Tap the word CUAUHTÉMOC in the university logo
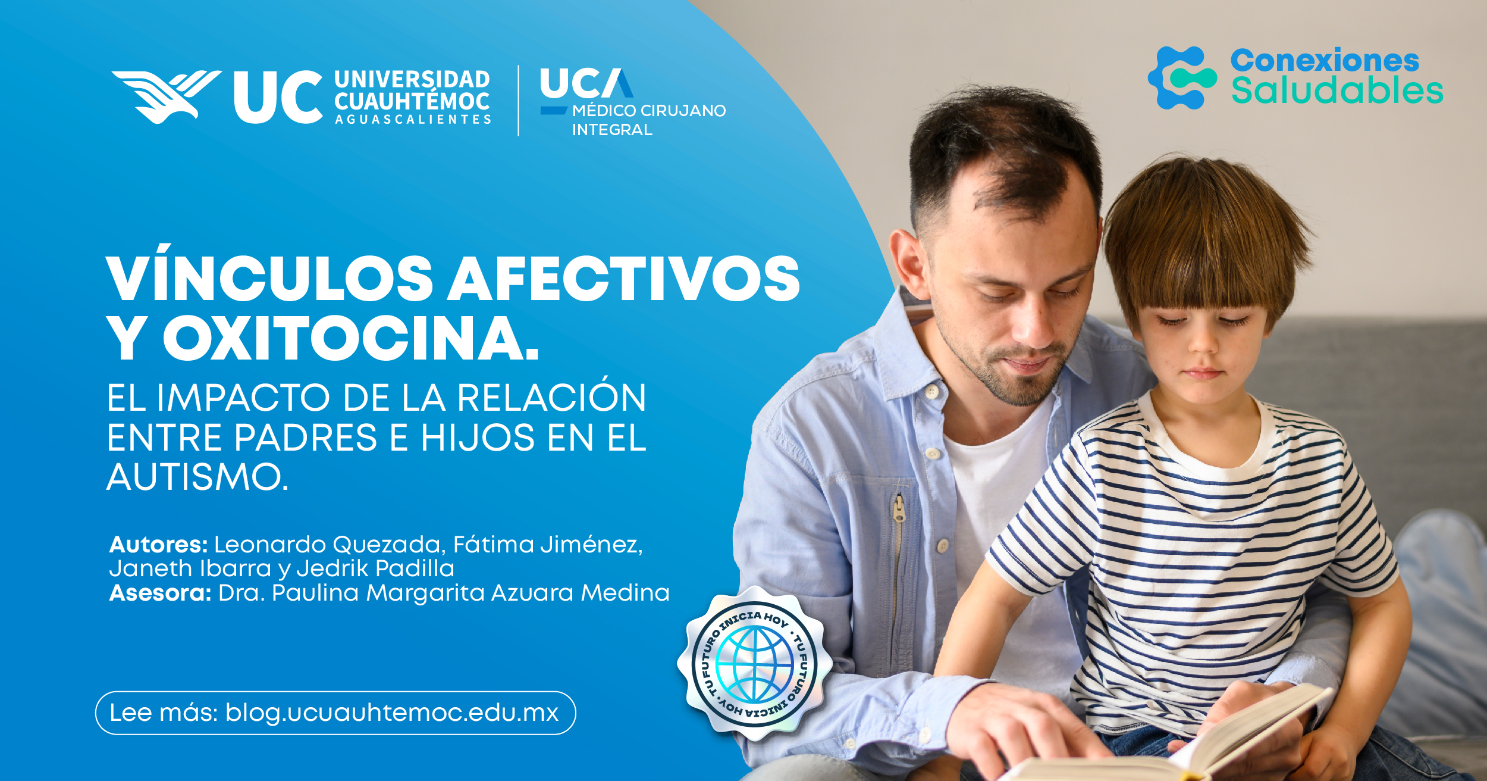[412, 101]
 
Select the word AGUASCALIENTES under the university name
[413, 120]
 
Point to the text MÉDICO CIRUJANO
[649, 111]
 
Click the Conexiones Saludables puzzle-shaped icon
[1181, 78]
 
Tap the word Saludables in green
[1337, 91]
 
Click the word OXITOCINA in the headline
[351, 339]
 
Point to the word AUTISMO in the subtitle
[197, 477]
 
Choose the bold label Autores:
[158, 545]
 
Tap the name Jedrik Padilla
[375, 568]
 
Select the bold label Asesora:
[160, 593]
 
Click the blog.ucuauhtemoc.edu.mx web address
[392, 713]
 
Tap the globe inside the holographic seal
[754, 664]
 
